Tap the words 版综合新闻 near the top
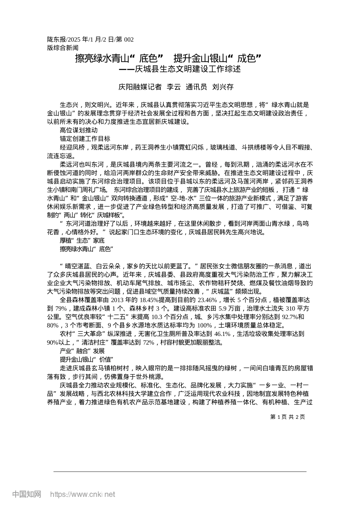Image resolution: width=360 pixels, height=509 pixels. (x=63, y=48)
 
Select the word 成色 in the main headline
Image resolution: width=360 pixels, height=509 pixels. (x=248, y=58)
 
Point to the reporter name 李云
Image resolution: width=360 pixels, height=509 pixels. (x=174, y=87)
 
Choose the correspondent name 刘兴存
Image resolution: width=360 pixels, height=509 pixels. (x=223, y=87)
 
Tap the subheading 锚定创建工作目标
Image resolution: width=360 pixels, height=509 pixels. (x=85, y=138)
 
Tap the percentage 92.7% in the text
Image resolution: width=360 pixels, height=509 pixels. (x=290, y=317)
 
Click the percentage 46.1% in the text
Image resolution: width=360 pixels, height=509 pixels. (x=222, y=334)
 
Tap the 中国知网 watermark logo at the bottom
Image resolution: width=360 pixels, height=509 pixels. (x=27, y=494)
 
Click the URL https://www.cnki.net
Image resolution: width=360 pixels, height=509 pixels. (x=83, y=494)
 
